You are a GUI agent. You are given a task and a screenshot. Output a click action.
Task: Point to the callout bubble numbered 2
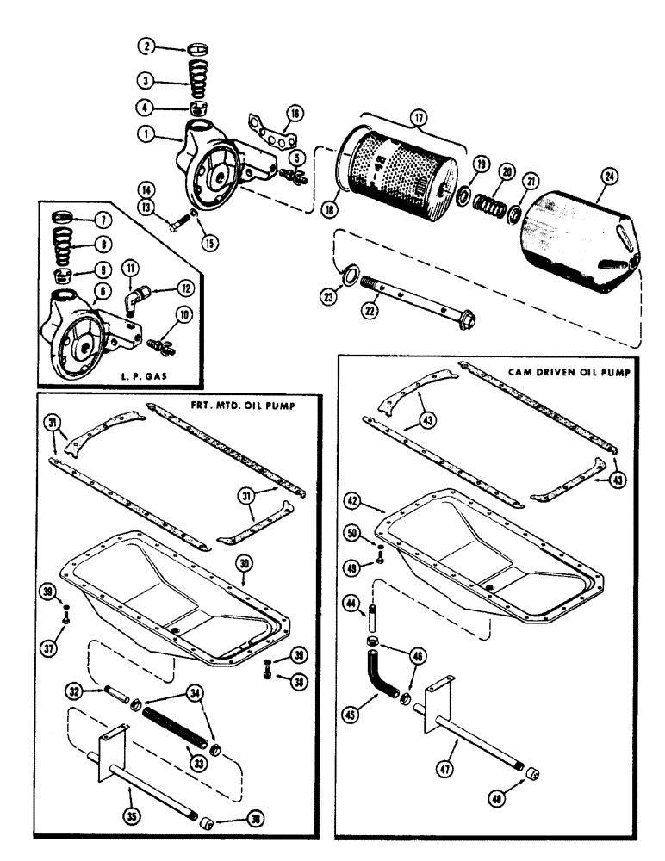click(147, 48)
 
